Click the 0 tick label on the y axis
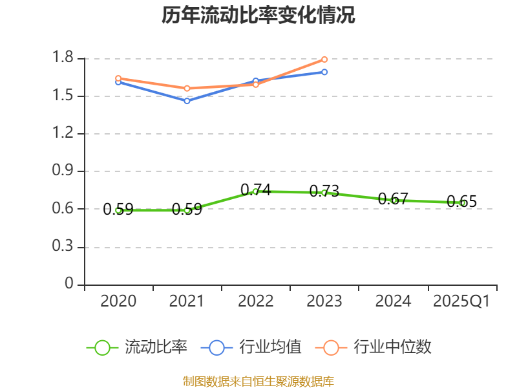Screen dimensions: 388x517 [70, 285]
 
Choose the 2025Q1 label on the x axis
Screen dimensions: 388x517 [461, 301]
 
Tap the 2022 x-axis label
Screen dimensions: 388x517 [256, 301]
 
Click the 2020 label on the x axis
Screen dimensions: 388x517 [119, 301]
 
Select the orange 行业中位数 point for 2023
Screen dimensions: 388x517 [324, 59]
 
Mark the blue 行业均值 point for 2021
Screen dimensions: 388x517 [187, 101]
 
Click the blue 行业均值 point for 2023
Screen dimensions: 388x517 [324, 72]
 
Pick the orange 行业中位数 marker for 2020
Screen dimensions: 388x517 [118, 78]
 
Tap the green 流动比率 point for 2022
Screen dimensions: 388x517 [256, 191]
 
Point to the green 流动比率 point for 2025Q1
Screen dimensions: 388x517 [462, 203]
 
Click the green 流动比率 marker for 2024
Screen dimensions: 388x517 [394, 200]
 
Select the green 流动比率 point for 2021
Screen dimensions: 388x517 [187, 210]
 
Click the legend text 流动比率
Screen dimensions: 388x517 [156, 347]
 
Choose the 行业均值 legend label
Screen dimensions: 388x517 [270, 347]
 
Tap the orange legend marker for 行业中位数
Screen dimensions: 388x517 [331, 347]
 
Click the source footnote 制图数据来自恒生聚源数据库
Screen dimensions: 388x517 [258, 381]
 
